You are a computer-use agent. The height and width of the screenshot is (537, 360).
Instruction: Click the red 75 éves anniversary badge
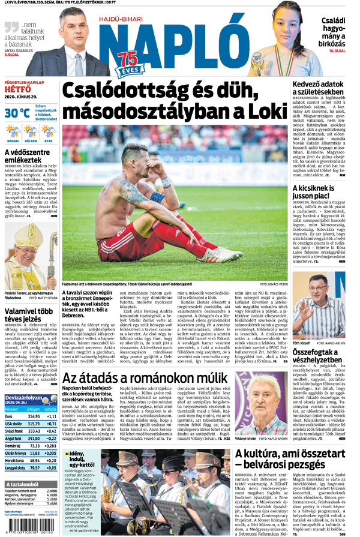pyautogui.click(x=127, y=62)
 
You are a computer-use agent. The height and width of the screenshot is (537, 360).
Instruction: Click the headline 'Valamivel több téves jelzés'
pyautogui.click(x=30, y=316)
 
